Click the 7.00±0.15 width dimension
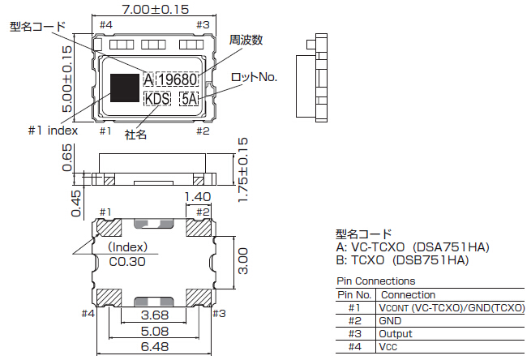coord(155,10)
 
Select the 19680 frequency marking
coord(178,80)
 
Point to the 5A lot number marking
coord(189,99)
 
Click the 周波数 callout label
coord(246,40)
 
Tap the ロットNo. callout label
coord(254,77)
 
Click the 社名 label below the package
coord(135,134)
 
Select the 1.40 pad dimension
coord(198,196)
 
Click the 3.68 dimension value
coord(155,315)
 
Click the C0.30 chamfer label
coord(127,261)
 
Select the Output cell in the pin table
coord(396,333)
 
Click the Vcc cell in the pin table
coord(387,346)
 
